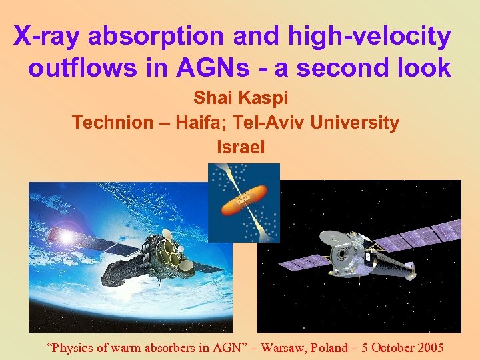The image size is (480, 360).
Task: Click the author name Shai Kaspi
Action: tap(240, 98)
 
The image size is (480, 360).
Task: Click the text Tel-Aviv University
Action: tap(320, 123)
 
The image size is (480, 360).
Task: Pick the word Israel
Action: tap(241, 147)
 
